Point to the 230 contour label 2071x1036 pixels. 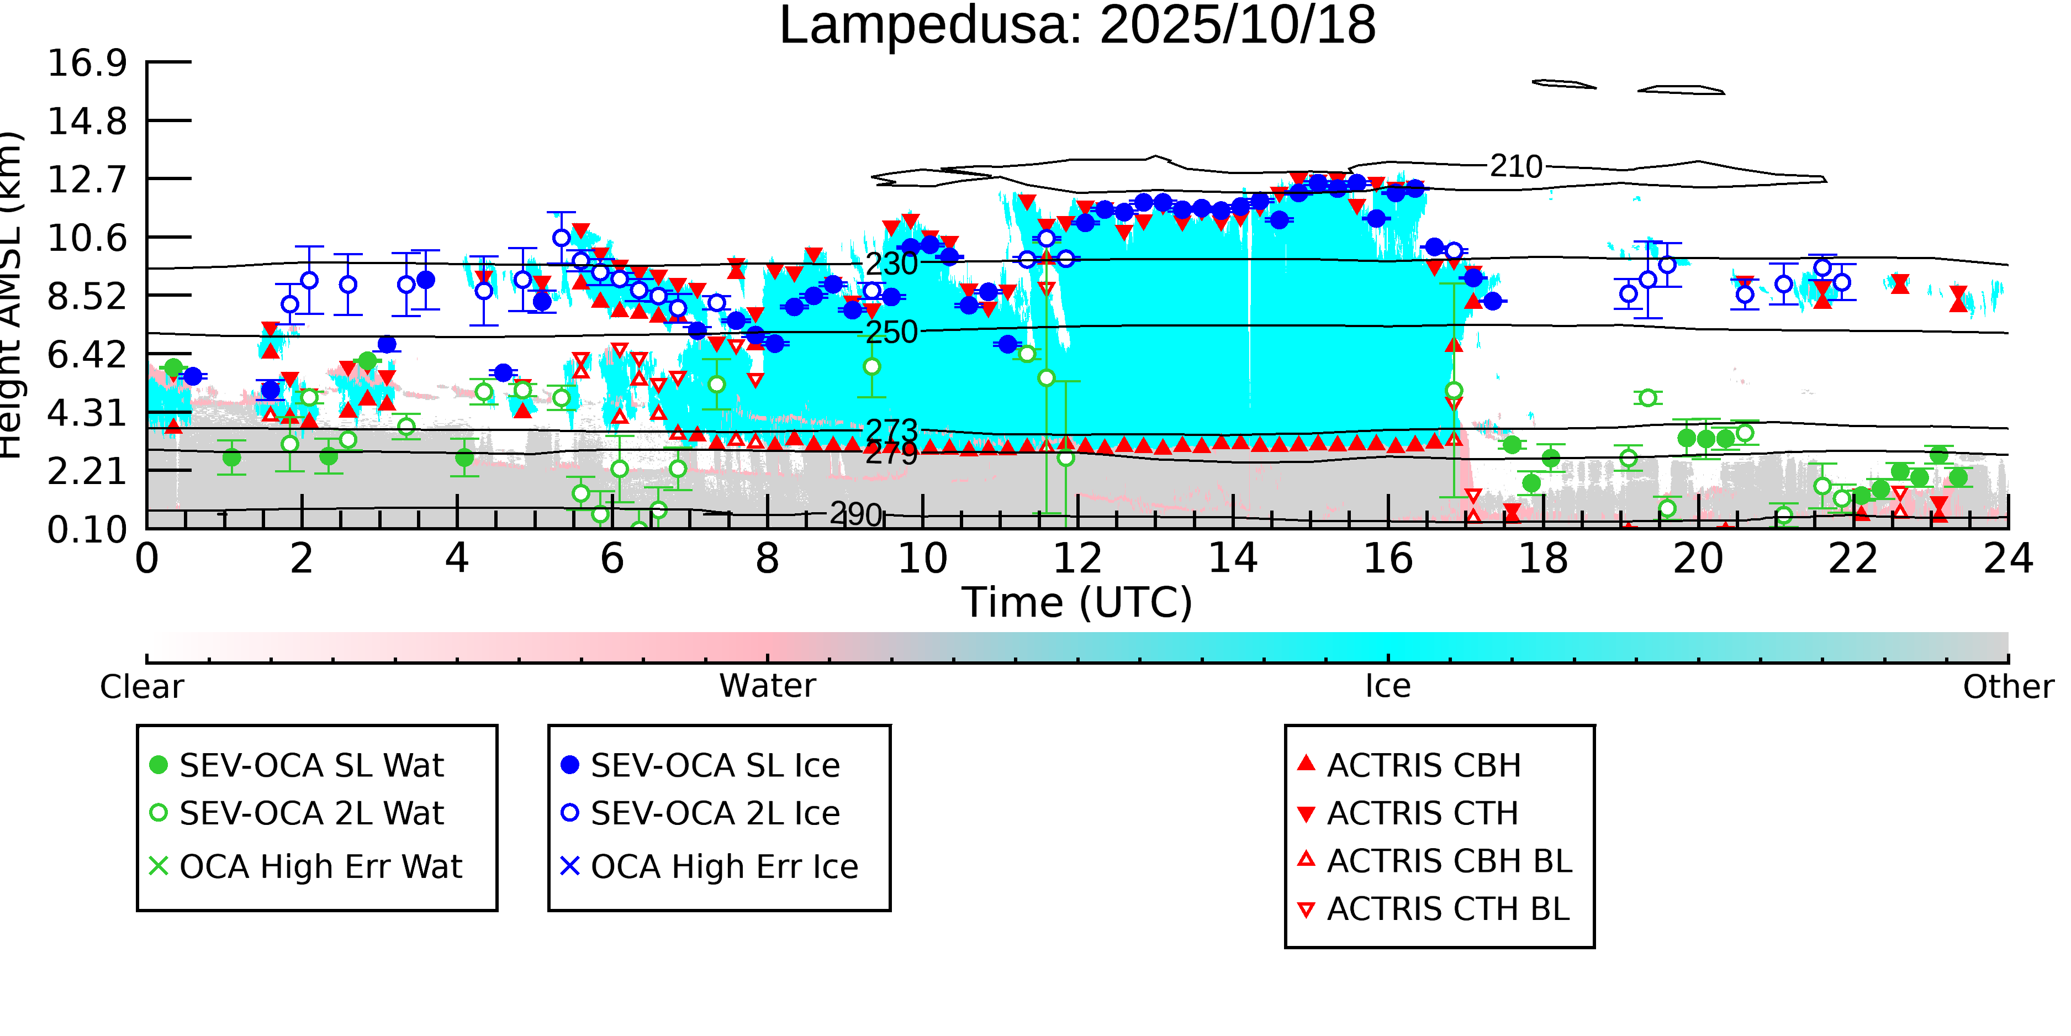point(891,264)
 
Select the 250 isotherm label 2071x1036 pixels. point(891,332)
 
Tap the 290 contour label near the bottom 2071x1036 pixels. point(856,514)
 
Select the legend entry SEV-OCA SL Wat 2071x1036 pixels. point(311,765)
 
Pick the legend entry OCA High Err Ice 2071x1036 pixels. point(723,866)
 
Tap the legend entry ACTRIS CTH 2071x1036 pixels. point(1422,813)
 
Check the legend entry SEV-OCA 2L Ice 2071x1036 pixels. point(715,813)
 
